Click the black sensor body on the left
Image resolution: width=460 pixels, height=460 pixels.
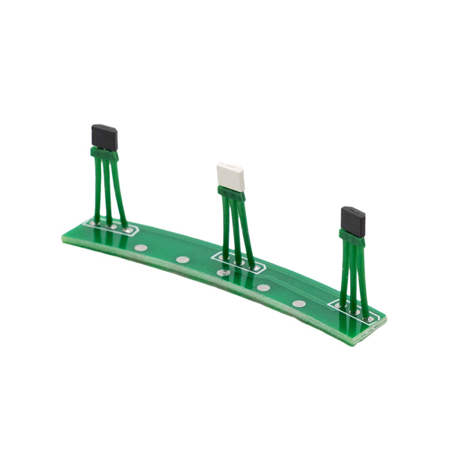(x=105, y=137)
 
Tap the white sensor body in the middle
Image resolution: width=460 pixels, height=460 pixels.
(x=231, y=177)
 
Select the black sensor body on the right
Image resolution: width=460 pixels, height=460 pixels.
(x=352, y=220)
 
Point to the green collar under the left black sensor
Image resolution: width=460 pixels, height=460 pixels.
(x=104, y=154)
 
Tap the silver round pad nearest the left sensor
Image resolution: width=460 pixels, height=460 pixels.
(x=140, y=249)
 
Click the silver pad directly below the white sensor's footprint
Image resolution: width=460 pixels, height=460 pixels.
(x=223, y=273)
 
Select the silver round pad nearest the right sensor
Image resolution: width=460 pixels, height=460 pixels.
(x=298, y=304)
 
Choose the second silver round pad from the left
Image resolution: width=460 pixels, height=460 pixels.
(x=182, y=260)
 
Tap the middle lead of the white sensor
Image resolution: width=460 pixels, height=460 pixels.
(x=236, y=230)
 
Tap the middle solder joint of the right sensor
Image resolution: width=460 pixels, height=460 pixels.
(x=355, y=311)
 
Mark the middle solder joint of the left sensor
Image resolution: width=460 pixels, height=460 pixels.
(x=112, y=227)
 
